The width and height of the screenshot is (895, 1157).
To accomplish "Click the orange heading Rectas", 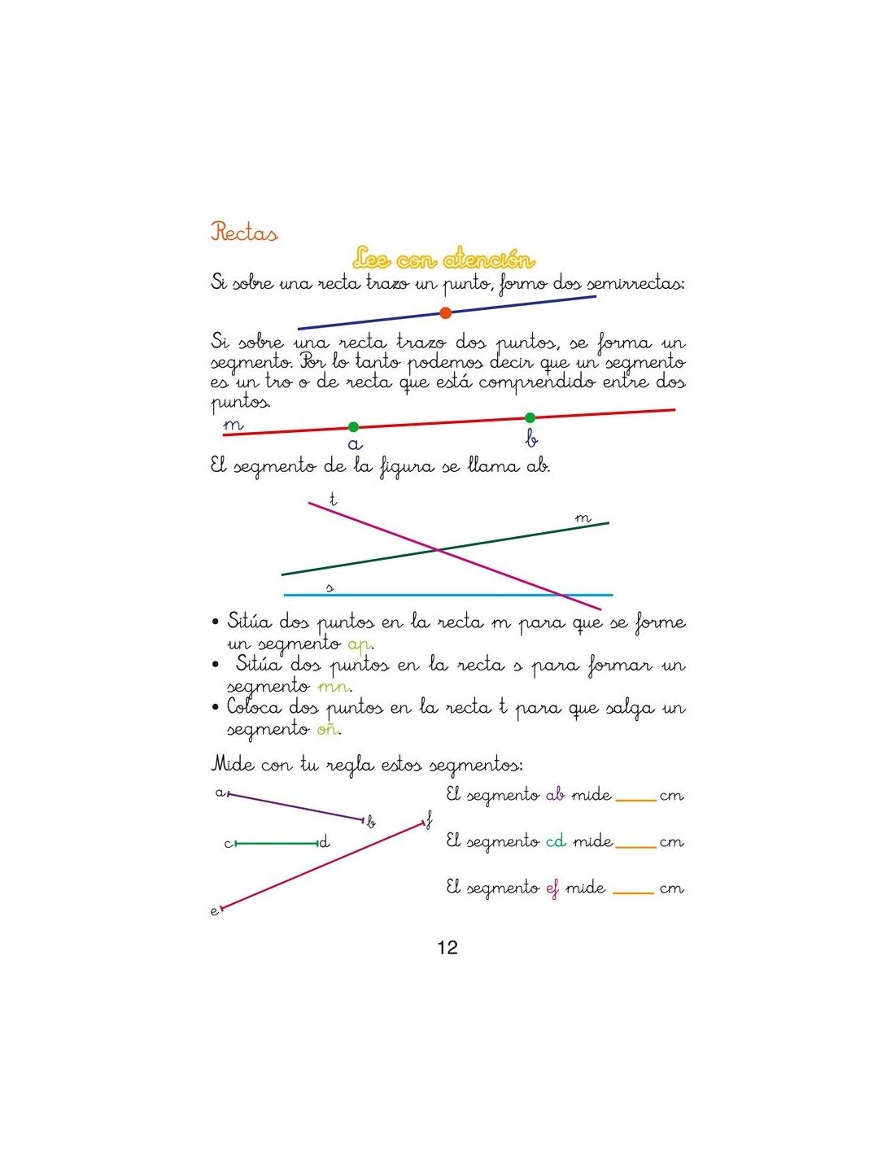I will (244, 233).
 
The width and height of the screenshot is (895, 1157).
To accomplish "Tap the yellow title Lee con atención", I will (444, 260).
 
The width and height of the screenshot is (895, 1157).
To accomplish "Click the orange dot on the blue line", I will (445, 312).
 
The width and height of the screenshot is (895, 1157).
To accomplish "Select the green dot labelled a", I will (353, 426).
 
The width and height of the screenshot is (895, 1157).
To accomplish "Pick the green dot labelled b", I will (530, 418).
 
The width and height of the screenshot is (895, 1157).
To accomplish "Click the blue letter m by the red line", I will (233, 425).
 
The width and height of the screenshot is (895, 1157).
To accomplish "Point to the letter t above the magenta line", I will (333, 498).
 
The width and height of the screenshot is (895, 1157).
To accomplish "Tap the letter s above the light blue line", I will (330, 587).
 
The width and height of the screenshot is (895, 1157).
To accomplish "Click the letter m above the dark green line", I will (583, 517).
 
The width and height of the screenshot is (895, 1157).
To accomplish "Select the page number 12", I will (447, 947).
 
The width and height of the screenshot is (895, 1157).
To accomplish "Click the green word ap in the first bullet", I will (359, 644).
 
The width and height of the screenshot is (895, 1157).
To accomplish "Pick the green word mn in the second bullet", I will (334, 687).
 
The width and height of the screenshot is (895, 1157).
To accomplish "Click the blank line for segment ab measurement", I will (635, 800).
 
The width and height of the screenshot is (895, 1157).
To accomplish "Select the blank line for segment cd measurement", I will (635, 846).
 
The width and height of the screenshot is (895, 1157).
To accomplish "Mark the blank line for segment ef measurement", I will (633, 893).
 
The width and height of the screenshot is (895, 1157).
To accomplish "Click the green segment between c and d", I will (277, 844).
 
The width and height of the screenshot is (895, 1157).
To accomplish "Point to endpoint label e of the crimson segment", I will (215, 911).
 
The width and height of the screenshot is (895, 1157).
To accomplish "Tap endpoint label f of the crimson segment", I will (429, 820).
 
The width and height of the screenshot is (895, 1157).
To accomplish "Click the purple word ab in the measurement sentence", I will (555, 795).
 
